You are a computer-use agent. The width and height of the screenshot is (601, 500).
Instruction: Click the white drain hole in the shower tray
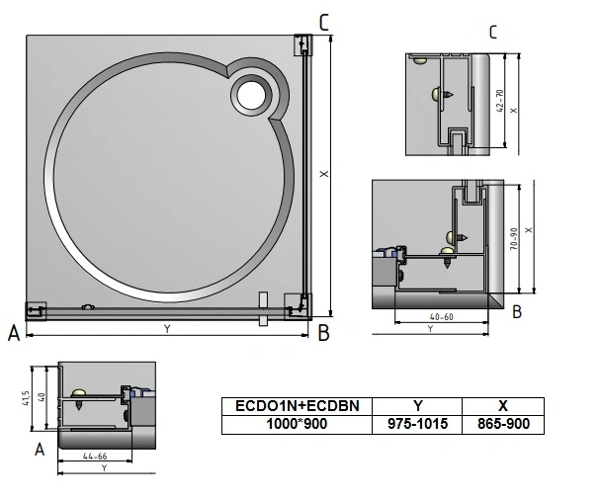pyautogui.click(x=251, y=95)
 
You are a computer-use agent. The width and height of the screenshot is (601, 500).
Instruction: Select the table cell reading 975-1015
pyautogui.click(x=417, y=424)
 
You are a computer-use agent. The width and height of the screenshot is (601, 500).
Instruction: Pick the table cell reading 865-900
pyautogui.click(x=503, y=424)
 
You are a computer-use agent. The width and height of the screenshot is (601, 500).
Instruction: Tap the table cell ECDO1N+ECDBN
pyautogui.click(x=298, y=406)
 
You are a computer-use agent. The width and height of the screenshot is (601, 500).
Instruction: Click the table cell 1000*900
pyautogui.click(x=298, y=424)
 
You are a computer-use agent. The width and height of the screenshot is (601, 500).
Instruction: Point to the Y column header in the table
pyautogui.click(x=417, y=406)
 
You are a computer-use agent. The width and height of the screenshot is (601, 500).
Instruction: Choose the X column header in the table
pyautogui.click(x=503, y=406)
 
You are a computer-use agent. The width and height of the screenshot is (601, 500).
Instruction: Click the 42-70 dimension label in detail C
pyautogui.click(x=500, y=101)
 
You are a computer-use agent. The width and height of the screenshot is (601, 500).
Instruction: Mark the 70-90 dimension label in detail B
pyautogui.click(x=514, y=239)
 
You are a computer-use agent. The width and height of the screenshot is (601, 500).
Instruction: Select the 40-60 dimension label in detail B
pyautogui.click(x=442, y=317)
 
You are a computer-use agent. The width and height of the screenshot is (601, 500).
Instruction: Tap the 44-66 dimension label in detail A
pyautogui.click(x=95, y=457)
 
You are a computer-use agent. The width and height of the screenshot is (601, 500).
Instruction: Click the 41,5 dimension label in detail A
pyautogui.click(x=26, y=398)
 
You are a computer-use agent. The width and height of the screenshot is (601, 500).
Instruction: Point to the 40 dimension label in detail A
pyautogui.click(x=42, y=397)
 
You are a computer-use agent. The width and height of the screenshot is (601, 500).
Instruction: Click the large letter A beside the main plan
pyautogui.click(x=14, y=333)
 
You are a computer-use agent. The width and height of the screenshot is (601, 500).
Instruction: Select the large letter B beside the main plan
pyautogui.click(x=324, y=333)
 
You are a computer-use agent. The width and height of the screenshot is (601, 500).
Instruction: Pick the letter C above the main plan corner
pyautogui.click(x=324, y=22)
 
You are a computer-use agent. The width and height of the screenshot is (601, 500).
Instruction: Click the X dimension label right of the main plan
pyautogui.click(x=324, y=174)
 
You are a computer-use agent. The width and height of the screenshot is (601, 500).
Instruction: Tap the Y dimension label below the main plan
pyautogui.click(x=167, y=329)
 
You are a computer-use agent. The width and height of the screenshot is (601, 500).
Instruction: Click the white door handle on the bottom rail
pyautogui.click(x=263, y=309)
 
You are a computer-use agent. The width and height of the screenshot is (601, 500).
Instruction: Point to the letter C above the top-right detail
pyautogui.click(x=493, y=33)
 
